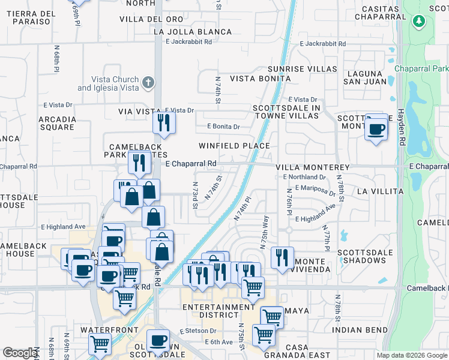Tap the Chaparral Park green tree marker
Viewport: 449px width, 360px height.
click(419, 22)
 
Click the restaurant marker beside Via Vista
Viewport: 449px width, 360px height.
click(163, 123)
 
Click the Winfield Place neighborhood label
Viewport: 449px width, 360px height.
click(234, 146)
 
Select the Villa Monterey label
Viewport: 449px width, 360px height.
click(312, 167)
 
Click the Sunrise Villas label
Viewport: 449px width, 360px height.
click(302, 69)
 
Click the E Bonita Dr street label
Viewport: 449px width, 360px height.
click(223, 127)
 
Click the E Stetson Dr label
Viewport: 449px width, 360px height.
click(198, 331)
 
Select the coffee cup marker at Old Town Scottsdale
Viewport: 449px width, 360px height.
click(158, 341)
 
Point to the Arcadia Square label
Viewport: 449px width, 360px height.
click(57, 123)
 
